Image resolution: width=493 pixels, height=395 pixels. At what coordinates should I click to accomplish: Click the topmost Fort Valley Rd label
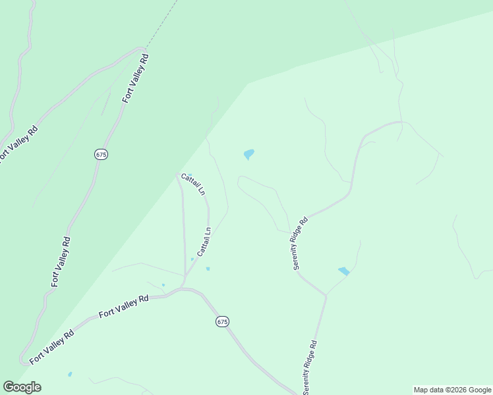[136, 78]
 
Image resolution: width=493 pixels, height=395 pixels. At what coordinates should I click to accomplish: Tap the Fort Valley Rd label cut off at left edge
[18, 144]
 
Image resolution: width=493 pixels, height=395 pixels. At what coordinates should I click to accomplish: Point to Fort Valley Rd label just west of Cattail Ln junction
[123, 306]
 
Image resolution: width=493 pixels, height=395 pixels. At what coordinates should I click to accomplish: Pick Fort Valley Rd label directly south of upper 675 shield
[61, 261]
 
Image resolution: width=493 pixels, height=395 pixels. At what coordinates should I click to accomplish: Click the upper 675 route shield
[101, 154]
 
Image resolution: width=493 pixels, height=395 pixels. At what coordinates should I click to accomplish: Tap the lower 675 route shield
[222, 321]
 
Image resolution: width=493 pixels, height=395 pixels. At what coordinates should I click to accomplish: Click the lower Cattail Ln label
[204, 242]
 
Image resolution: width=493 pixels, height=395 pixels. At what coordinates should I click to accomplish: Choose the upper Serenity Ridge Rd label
[301, 244]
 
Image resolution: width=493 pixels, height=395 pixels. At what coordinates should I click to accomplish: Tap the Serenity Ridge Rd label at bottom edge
[310, 367]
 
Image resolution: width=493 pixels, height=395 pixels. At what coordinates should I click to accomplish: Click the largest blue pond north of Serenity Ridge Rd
[248, 155]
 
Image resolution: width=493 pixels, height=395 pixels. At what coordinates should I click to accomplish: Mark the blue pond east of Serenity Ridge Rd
[343, 271]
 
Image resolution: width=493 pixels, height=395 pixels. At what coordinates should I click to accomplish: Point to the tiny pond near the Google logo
[70, 375]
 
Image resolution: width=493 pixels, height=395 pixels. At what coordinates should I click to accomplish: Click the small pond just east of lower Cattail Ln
[208, 269]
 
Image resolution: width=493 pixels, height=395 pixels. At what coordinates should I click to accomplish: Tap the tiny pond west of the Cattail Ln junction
[163, 285]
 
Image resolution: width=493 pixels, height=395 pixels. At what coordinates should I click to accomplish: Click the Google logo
[22, 387]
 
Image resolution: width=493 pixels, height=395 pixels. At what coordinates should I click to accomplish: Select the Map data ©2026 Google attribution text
[452, 390]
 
